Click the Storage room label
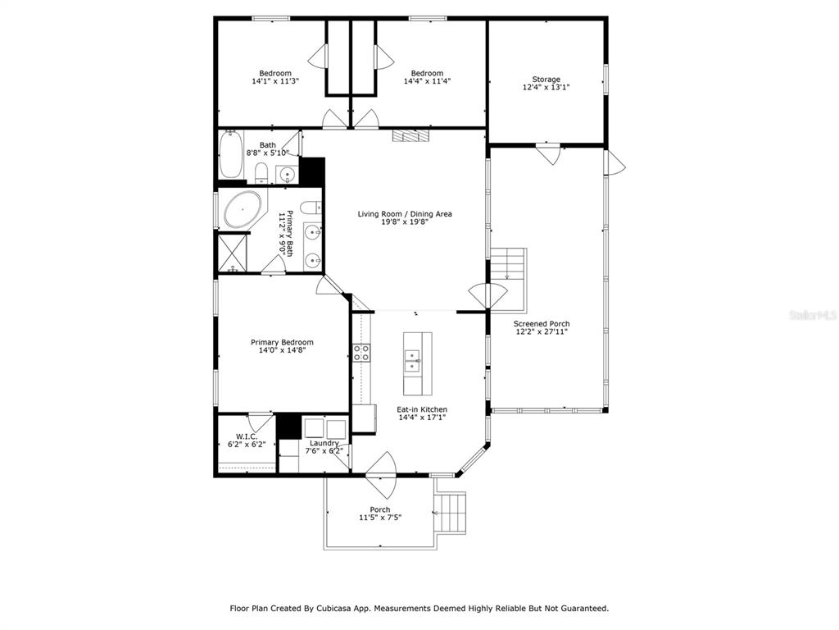tap(546, 80)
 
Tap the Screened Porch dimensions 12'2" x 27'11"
tap(542, 331)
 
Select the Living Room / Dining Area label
tap(405, 214)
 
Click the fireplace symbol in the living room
tap(411, 135)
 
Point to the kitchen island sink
tap(412, 361)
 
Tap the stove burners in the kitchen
tap(361, 352)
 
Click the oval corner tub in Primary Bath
tap(243, 209)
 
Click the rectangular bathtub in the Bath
tap(230, 153)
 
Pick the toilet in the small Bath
tap(261, 173)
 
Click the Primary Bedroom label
tap(282, 342)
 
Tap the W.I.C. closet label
tap(247, 436)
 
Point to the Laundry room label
tap(324, 443)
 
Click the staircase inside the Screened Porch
tap(508, 264)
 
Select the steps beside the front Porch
tap(451, 513)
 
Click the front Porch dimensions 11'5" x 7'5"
tap(380, 518)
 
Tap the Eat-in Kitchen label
tap(422, 409)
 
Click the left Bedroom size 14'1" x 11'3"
tap(275, 81)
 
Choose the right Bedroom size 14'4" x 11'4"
tap(427, 81)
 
